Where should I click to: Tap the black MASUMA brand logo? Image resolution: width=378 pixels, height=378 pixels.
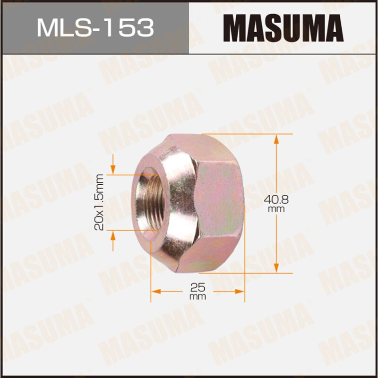(x=283, y=27)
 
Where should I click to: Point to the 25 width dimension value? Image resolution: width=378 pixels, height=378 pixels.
(x=198, y=287)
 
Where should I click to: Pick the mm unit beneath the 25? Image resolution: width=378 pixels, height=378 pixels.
(x=198, y=297)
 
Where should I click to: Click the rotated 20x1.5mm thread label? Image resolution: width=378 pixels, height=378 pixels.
(x=99, y=202)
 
